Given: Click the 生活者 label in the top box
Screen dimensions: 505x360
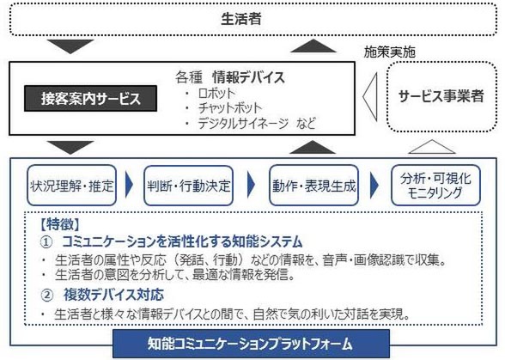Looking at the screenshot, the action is click(x=240, y=19).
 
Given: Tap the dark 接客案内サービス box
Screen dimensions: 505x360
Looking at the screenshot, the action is click(x=90, y=98).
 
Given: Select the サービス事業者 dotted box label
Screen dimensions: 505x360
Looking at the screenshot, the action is click(x=441, y=96).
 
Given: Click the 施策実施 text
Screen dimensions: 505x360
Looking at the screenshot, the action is click(x=389, y=52).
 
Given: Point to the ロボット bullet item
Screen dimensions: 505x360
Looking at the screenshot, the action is click(x=216, y=93).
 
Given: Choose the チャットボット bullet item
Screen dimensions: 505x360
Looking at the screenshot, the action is click(x=230, y=108).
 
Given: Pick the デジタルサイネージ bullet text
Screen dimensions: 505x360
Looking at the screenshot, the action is click(x=243, y=123).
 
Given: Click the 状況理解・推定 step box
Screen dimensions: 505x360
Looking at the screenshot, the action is click(x=71, y=186).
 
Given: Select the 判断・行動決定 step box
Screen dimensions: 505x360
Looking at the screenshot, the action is click(x=188, y=186).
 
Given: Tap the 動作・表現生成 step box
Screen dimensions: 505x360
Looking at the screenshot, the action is click(x=313, y=186).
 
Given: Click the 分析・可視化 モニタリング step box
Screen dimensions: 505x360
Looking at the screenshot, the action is click(x=435, y=186).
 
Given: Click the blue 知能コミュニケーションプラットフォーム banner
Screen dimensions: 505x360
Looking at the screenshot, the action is click(x=251, y=344).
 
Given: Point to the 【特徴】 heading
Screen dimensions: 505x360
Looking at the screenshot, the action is click(x=60, y=224).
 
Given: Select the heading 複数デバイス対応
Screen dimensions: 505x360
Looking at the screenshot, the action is click(x=113, y=295).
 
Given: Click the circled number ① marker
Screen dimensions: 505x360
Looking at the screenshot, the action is click(x=46, y=242).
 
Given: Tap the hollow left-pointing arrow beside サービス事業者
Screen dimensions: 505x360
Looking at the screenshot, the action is click(x=370, y=96).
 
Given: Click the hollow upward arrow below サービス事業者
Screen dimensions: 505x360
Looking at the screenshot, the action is click(x=432, y=147).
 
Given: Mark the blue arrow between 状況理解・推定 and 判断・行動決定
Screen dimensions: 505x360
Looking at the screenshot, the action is click(x=129, y=185).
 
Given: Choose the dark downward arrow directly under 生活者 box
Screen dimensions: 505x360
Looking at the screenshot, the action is click(x=70, y=46).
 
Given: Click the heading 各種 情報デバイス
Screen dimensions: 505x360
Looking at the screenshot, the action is click(x=230, y=77).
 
